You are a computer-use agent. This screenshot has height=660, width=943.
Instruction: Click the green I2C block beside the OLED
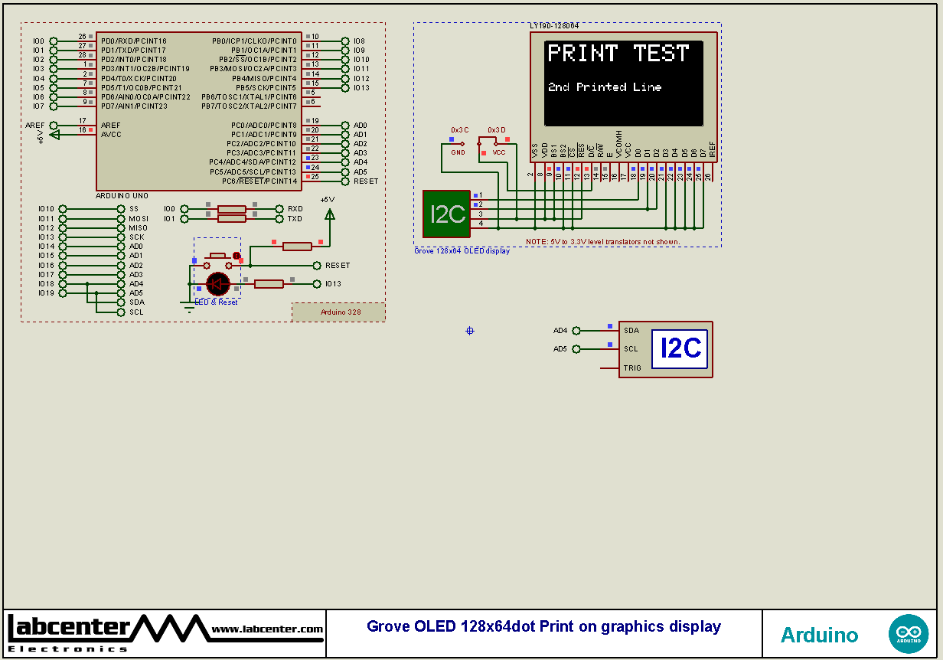click(x=446, y=214)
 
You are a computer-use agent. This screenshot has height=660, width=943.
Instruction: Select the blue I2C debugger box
click(x=680, y=349)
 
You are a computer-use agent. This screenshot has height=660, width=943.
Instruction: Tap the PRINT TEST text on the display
click(x=618, y=54)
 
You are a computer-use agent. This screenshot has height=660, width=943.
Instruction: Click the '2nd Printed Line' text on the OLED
click(x=604, y=87)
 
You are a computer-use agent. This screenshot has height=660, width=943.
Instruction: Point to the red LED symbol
click(x=218, y=284)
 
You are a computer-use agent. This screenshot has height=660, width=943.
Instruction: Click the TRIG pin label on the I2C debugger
click(x=632, y=368)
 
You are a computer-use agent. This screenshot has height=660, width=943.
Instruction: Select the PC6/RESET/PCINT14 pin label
click(x=259, y=181)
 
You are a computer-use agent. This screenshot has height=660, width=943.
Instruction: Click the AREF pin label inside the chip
click(x=111, y=126)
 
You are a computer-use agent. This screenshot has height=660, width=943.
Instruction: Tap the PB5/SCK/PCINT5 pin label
click(x=266, y=88)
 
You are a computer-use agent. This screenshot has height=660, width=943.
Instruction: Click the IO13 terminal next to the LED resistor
click(x=332, y=284)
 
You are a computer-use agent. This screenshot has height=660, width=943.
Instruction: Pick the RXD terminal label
click(x=295, y=209)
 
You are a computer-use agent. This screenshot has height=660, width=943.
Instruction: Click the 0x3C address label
click(x=459, y=130)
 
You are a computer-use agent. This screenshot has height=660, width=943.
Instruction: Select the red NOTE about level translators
click(x=602, y=242)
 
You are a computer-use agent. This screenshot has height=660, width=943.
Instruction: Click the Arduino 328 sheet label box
click(x=339, y=312)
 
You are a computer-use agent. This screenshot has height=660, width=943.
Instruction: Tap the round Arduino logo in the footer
click(x=908, y=634)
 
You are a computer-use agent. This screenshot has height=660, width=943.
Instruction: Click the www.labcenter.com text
click(x=267, y=629)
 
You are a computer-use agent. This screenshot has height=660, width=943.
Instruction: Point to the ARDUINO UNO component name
click(x=122, y=196)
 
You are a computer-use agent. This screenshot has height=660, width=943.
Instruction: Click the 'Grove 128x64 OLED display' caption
click(x=462, y=251)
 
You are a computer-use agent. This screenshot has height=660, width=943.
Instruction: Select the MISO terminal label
click(x=138, y=228)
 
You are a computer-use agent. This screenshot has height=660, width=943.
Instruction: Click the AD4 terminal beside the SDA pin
click(x=561, y=331)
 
